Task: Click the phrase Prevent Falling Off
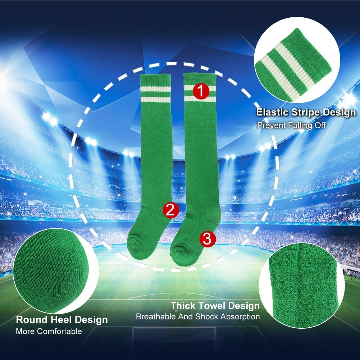(291, 126)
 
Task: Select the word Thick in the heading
(183, 306)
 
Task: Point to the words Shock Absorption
(228, 317)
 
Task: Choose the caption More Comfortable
(49, 331)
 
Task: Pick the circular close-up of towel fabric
(299, 285)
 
